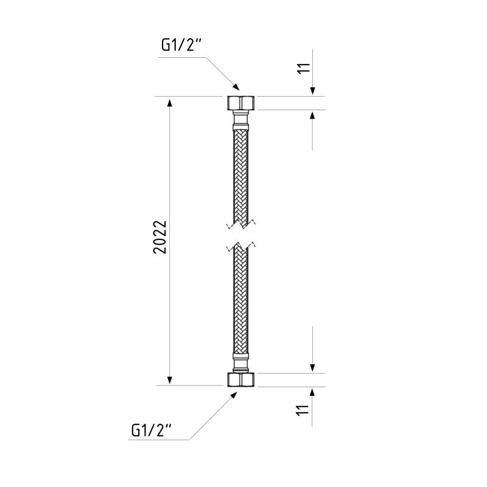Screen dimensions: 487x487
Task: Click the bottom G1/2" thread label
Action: click(152, 430)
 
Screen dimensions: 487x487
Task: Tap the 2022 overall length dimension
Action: click(160, 237)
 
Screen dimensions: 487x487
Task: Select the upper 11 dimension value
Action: click(304, 68)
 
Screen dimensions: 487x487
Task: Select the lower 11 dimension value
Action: click(303, 410)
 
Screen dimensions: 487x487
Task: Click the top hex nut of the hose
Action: click(240, 102)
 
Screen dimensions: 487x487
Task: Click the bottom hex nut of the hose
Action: click(240, 379)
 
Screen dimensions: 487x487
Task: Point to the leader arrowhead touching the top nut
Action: click(236, 86)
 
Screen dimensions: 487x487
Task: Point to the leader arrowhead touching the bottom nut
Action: click(233, 395)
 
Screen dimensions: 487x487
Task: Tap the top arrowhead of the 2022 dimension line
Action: click(170, 102)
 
